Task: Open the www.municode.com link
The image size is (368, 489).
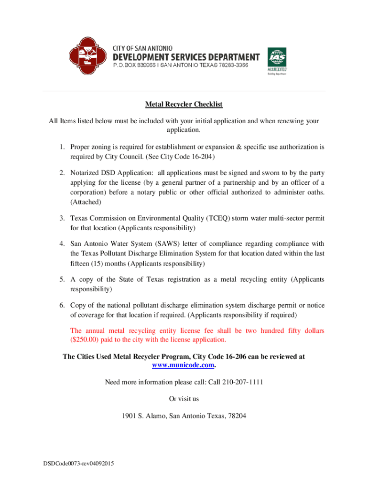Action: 183,365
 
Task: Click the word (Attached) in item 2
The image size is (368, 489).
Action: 86,202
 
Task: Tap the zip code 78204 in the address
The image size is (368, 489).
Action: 237,416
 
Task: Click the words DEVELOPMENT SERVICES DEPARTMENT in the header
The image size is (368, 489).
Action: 186,57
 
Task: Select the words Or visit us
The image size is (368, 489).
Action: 184,399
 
